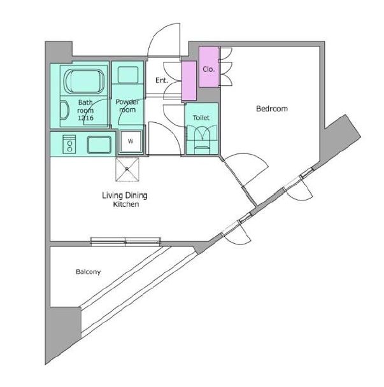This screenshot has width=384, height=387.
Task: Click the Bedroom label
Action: (272, 109)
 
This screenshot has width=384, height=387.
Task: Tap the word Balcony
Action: (88, 272)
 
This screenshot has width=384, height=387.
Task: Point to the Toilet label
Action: (201, 117)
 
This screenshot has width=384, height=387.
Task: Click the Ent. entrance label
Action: (161, 80)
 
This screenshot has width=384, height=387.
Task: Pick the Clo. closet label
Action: (208, 69)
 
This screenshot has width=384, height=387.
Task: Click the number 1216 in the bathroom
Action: (85, 118)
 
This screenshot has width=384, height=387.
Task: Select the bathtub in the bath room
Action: (84, 83)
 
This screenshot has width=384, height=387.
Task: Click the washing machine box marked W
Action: (131, 141)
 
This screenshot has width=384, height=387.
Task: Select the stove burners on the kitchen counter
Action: (68, 145)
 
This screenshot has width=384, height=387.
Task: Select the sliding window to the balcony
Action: (126, 241)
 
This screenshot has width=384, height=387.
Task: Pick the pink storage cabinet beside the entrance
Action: (189, 80)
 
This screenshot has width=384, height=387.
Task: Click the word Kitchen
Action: (126, 205)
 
